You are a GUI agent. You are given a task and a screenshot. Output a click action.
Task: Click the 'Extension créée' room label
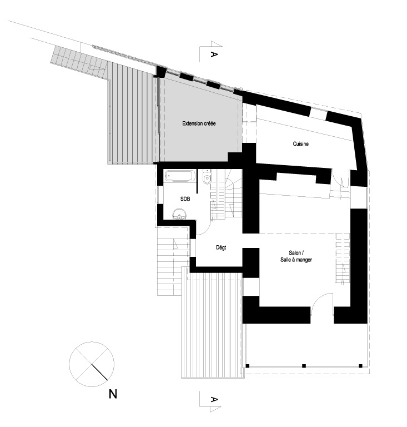199,123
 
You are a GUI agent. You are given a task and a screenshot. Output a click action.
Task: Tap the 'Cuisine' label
301,144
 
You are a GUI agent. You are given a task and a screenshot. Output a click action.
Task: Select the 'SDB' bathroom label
185,199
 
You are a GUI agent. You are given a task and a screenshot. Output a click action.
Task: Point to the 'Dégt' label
221,248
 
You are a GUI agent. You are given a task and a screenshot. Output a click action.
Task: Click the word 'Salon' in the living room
294,253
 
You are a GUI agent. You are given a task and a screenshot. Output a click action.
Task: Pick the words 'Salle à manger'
296,260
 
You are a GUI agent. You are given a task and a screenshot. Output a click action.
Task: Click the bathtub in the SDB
180,176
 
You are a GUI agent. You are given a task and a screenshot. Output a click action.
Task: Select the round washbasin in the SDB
180,214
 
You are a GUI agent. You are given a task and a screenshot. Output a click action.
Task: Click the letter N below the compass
113,394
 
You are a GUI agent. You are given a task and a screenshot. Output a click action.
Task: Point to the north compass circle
92,364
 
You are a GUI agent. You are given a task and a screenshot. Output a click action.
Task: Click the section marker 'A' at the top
214,54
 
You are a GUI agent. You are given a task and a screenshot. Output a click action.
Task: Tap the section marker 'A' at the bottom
214,400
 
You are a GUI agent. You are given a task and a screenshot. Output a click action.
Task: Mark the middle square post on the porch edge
304,366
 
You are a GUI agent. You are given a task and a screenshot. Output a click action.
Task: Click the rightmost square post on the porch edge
360,366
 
